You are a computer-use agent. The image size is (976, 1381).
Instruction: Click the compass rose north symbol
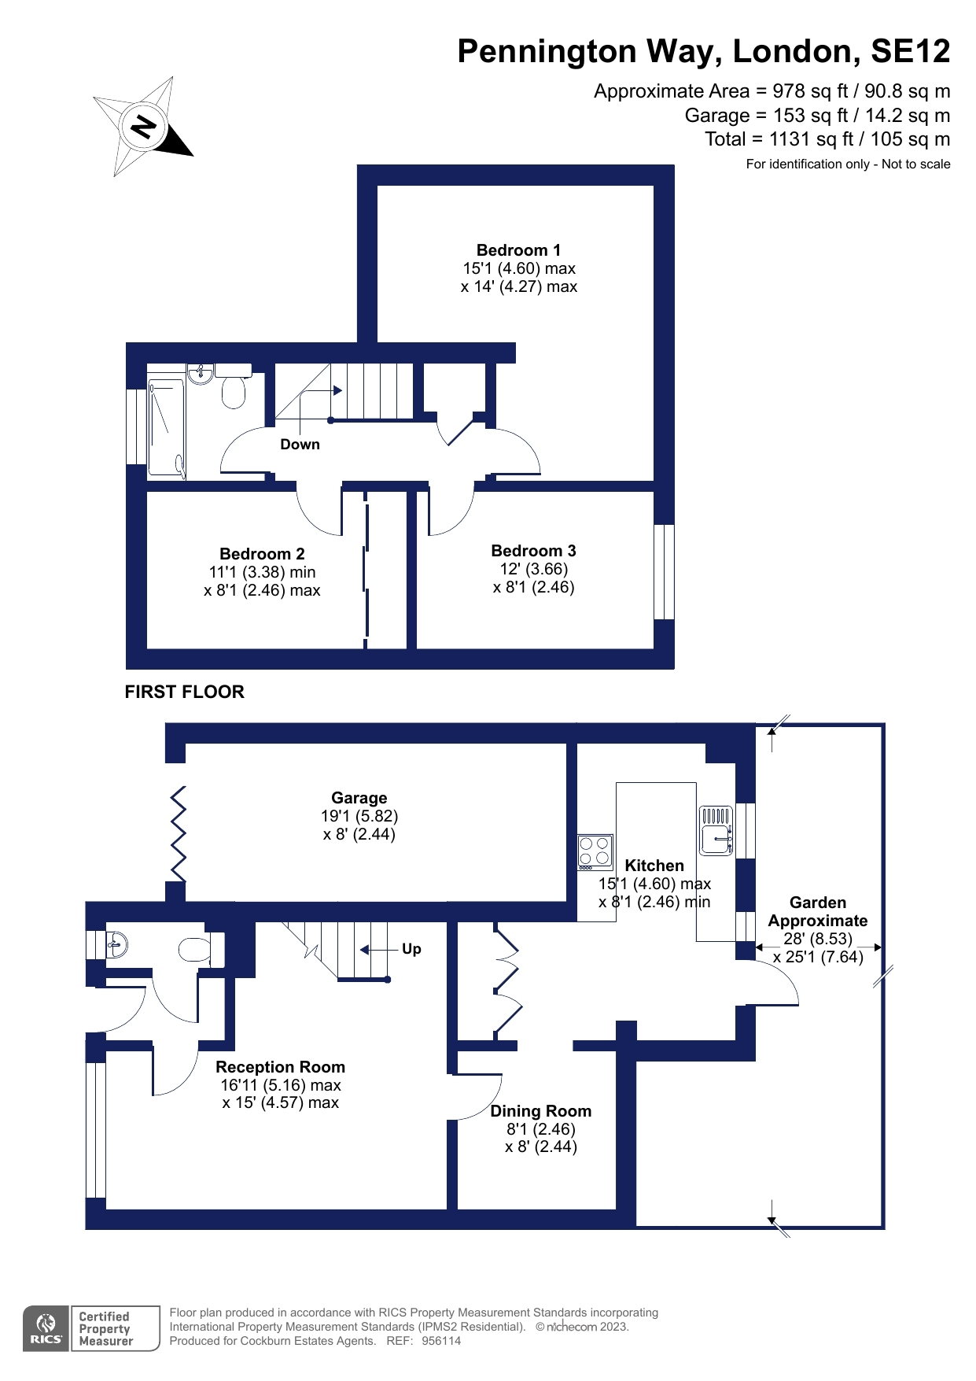143,126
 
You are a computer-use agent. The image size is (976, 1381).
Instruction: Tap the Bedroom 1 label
518,250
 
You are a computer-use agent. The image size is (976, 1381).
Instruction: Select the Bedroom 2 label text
262,554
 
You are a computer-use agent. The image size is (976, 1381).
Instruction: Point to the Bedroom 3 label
533,551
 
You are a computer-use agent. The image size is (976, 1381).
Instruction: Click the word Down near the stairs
300,445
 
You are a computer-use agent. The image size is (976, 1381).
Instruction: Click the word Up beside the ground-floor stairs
411,949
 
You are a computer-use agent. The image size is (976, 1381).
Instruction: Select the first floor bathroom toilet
233,390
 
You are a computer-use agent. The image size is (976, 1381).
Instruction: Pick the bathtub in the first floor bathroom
166,429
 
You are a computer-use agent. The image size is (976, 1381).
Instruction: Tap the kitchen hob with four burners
595,851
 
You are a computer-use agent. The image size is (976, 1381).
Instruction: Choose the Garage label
359,798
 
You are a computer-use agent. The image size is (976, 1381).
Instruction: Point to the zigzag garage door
179,834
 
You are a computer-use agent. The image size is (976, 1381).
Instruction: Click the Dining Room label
540,1111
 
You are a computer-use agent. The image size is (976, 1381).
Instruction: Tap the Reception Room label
280,1067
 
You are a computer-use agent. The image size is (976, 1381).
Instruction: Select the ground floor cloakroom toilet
194,950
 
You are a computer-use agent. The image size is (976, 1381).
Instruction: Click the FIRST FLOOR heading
184,692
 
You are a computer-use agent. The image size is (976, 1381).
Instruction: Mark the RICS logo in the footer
46,1328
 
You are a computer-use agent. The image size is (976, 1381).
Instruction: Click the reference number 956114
441,1341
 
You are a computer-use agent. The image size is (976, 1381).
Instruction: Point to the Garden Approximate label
817,911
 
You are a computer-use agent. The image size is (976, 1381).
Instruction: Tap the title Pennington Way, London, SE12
703,51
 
